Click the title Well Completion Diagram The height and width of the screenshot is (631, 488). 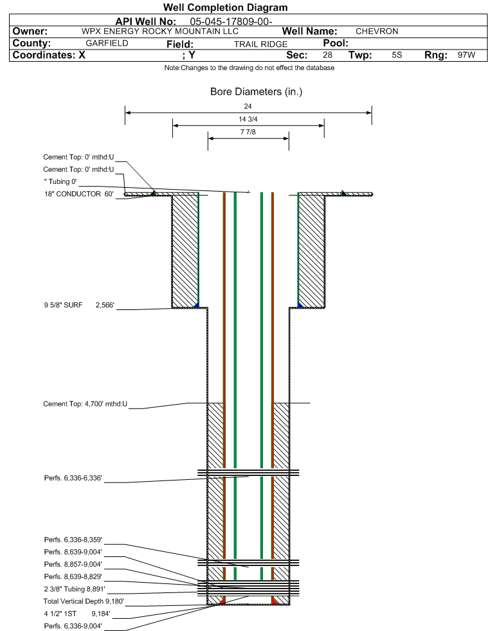pyautogui.click(x=225, y=8)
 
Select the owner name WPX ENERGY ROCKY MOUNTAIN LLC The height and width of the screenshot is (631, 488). pyautogui.click(x=160, y=32)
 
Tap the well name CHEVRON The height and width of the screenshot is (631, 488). pyautogui.click(x=377, y=32)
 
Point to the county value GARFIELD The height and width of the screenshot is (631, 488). pyautogui.click(x=107, y=44)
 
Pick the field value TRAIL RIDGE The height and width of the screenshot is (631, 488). pyautogui.click(x=260, y=44)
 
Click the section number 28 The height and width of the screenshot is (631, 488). pyautogui.click(x=327, y=55)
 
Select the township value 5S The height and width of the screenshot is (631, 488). pyautogui.click(x=397, y=55)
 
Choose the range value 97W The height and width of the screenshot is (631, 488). pyautogui.click(x=466, y=55)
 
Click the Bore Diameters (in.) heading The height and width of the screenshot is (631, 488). pyautogui.click(x=256, y=92)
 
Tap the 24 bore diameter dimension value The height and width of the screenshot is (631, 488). pyautogui.click(x=248, y=106)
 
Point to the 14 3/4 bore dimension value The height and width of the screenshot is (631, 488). pyautogui.click(x=248, y=120)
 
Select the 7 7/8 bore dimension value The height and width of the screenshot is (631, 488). pyautogui.click(x=248, y=133)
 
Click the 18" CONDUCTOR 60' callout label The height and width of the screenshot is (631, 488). pyautogui.click(x=78, y=194)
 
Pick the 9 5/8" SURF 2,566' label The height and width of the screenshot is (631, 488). pyautogui.click(x=78, y=306)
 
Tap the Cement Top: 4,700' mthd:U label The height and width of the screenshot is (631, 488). pyautogui.click(x=86, y=404)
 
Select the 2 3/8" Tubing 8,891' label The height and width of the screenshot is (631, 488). pyautogui.click(x=74, y=589)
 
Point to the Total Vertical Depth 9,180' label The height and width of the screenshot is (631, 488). pyautogui.click(x=83, y=601)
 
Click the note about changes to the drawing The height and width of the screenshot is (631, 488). pyautogui.click(x=249, y=68)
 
